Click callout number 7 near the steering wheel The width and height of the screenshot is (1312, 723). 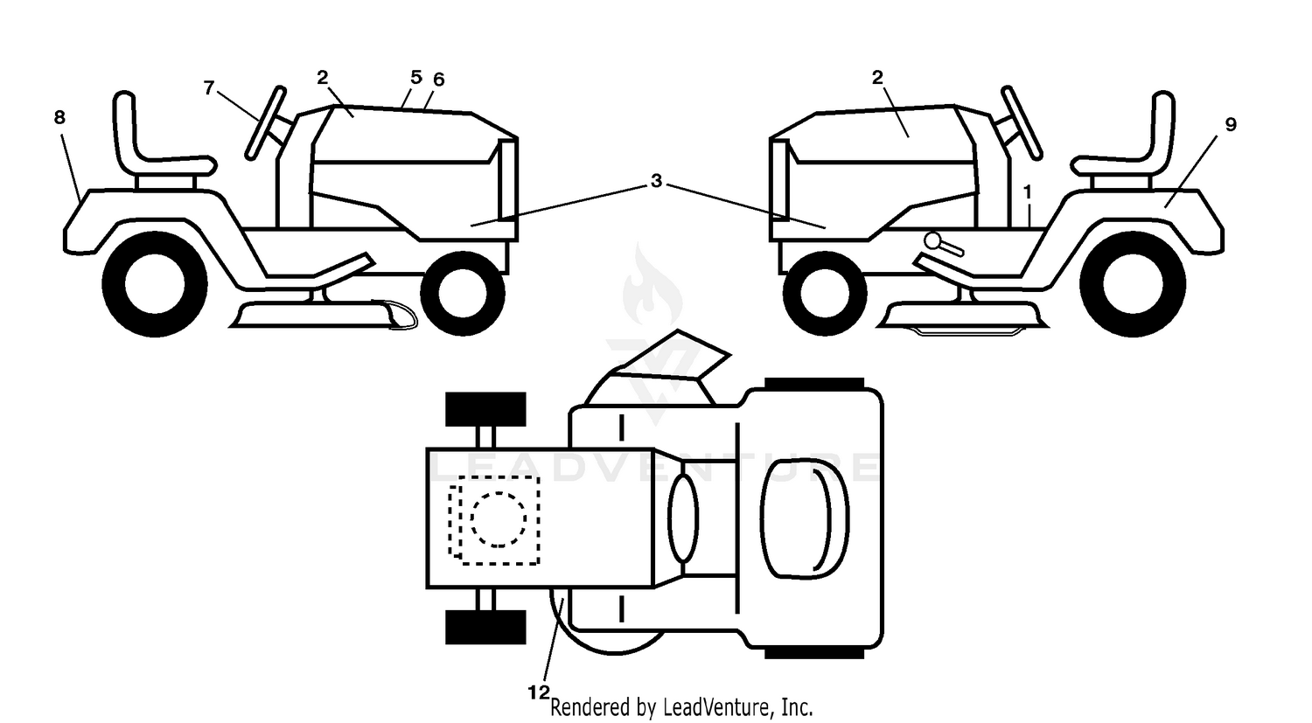coord(209,87)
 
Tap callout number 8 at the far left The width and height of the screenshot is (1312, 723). coord(59,118)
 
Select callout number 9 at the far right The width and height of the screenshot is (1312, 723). coord(1231,125)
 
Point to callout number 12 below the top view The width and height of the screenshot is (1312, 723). coord(539,692)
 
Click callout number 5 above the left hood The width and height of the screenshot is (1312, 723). coord(415,77)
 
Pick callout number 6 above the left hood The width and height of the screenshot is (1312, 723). coord(439,80)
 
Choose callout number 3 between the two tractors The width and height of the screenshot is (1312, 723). coord(656,181)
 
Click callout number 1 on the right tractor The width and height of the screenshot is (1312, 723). coord(1027,192)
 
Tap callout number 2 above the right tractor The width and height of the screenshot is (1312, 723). coord(876,77)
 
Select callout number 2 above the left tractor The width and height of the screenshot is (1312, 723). coord(323,77)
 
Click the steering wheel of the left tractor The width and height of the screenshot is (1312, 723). coord(266,122)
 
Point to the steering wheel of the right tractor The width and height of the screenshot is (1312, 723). coord(1022,122)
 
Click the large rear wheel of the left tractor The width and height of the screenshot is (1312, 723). coord(155,284)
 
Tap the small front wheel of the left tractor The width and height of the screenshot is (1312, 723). coord(463,294)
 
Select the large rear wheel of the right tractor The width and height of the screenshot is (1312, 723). coord(1133,284)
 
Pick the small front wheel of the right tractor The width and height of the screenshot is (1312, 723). coord(825,294)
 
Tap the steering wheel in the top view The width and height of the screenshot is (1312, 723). coord(683,518)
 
